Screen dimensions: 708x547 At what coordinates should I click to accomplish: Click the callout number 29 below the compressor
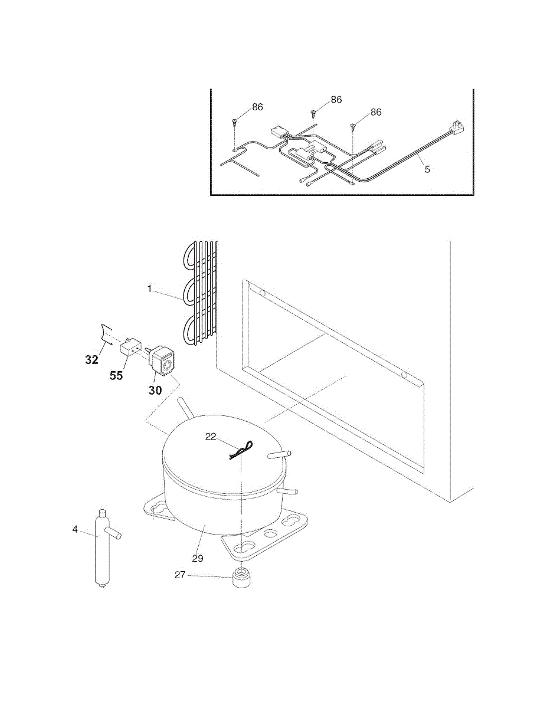[x=198, y=558]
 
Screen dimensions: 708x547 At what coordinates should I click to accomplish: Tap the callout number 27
[x=180, y=574]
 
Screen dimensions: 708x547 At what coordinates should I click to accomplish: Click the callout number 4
[x=75, y=529]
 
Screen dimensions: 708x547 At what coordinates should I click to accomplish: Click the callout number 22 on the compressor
[x=211, y=437]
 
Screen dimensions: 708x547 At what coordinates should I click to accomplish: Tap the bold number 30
[x=155, y=390]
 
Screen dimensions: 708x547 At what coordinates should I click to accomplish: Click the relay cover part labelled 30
[x=163, y=360]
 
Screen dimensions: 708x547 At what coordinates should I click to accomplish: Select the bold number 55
[x=116, y=375]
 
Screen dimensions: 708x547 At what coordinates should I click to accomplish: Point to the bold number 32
[x=91, y=360]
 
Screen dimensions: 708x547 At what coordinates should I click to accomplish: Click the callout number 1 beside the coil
[x=150, y=289]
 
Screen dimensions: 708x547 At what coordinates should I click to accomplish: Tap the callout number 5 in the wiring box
[x=427, y=169]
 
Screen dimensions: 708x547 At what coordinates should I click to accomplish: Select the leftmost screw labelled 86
[x=235, y=123]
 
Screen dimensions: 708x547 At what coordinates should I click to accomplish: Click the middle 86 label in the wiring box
[x=336, y=100]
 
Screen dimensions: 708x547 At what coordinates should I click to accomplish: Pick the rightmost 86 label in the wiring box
[x=376, y=112]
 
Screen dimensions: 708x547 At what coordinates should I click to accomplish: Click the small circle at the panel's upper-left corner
[x=263, y=293]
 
